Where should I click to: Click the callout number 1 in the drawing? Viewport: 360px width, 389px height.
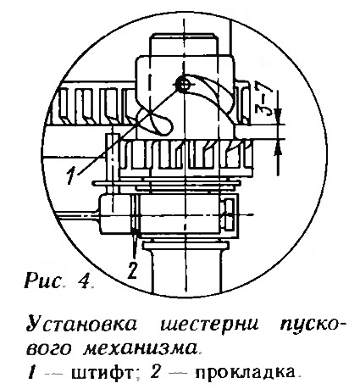pos(72,175)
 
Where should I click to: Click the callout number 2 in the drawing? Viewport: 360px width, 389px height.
pos(132,270)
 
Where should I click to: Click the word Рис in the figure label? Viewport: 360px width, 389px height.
pos(43,281)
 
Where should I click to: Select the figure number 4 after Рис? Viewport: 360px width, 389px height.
pos(86,281)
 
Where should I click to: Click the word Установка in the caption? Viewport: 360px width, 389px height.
pos(81,324)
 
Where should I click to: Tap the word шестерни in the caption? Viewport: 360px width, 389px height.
pos(209,325)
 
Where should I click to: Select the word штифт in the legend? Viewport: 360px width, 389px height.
pos(102,374)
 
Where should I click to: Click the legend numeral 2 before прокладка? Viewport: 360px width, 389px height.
pos(156,373)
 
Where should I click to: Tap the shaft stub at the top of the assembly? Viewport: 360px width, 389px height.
pos(184,44)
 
